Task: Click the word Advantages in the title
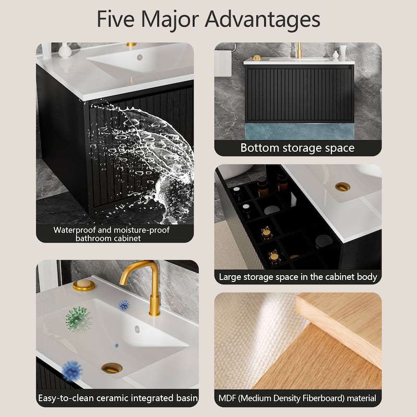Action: tap(262, 20)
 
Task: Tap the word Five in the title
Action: tap(116, 19)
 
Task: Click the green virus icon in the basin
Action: tap(78, 320)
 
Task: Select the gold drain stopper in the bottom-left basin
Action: tap(112, 368)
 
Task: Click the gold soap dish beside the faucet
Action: tap(84, 285)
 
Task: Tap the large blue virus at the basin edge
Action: tap(72, 371)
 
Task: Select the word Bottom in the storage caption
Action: tap(260, 148)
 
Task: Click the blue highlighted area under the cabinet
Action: tap(300, 131)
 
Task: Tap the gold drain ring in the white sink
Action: tap(342, 187)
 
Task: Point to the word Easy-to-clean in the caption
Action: tap(66, 398)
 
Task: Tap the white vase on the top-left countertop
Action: tap(65, 50)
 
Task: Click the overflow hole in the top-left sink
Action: tap(140, 57)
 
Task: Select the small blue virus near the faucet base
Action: tap(124, 306)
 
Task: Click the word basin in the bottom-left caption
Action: tap(187, 398)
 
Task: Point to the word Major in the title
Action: tap(170, 20)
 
